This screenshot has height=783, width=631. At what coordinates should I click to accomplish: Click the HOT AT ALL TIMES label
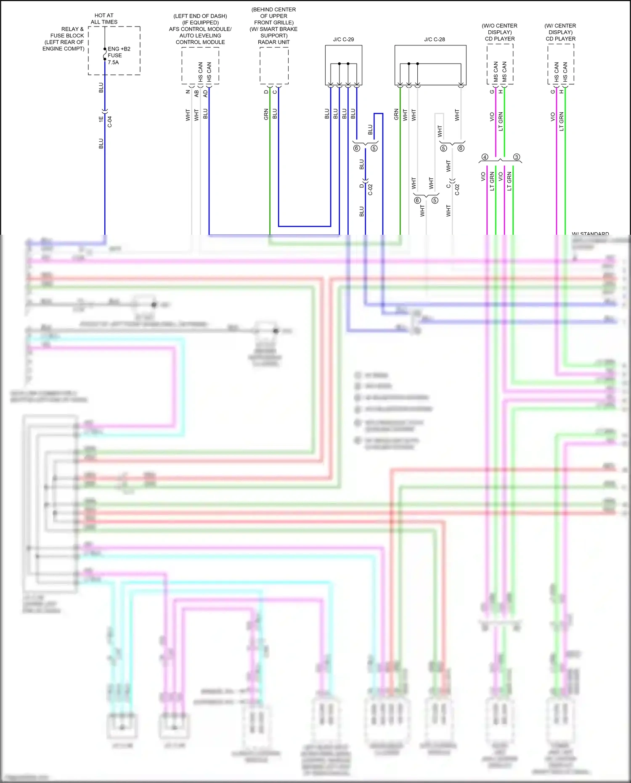[104, 19]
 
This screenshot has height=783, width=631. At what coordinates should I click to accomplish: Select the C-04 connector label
[110, 122]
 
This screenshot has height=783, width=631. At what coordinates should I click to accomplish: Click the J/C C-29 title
[343, 40]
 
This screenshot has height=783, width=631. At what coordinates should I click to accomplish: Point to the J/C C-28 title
[434, 40]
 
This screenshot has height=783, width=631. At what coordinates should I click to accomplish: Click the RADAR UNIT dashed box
[274, 65]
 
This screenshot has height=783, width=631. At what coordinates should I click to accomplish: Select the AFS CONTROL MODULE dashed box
[200, 65]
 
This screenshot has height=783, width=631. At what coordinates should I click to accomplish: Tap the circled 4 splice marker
[485, 157]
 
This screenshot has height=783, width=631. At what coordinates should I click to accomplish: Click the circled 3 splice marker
[517, 157]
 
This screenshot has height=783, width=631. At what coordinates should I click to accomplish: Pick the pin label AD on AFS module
[205, 93]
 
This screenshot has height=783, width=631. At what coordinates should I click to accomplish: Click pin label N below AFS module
[188, 92]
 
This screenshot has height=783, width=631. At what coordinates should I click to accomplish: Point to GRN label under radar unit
[266, 114]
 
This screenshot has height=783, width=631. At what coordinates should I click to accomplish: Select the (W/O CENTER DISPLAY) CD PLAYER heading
[499, 32]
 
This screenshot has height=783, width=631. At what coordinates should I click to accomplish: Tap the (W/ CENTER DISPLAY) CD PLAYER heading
[560, 32]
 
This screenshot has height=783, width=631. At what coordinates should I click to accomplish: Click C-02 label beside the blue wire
[370, 190]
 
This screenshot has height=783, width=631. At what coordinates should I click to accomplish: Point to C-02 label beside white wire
[457, 190]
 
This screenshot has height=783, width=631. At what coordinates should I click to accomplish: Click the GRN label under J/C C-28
[396, 114]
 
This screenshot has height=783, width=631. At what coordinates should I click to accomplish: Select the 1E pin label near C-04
[101, 119]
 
